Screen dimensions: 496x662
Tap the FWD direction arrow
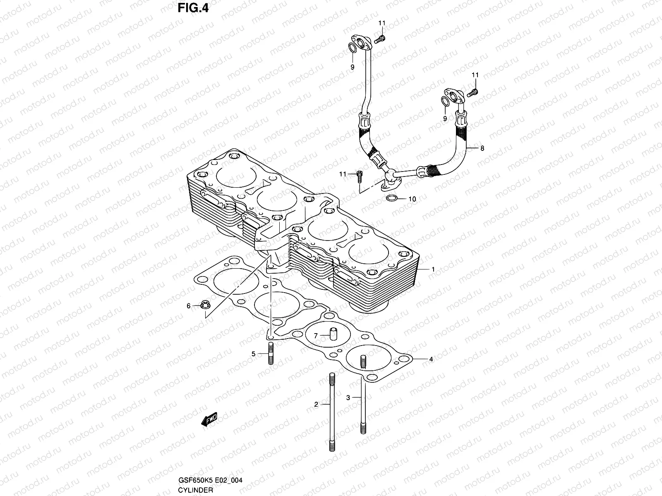[209, 420]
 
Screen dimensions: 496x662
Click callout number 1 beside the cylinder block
[433, 269]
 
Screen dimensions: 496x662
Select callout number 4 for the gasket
[431, 360]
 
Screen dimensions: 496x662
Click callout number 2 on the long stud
[316, 405]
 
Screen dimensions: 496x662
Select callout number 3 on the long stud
[348, 398]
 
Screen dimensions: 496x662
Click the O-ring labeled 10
[392, 199]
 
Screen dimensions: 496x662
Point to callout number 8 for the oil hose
[482, 148]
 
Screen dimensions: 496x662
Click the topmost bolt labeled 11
[380, 40]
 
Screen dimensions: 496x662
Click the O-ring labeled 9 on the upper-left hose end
[352, 49]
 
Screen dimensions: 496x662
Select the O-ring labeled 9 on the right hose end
[445, 101]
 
